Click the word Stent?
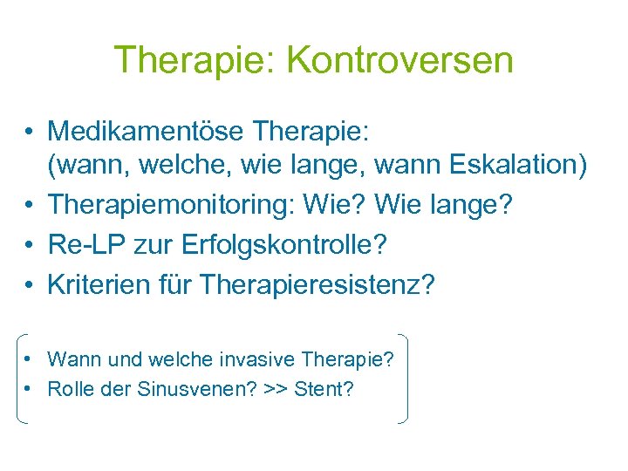click(x=324, y=389)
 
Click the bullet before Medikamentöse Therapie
click(x=30, y=133)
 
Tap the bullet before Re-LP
click(x=30, y=246)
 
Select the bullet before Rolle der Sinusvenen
click(x=30, y=389)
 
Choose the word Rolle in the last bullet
click(x=68, y=389)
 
